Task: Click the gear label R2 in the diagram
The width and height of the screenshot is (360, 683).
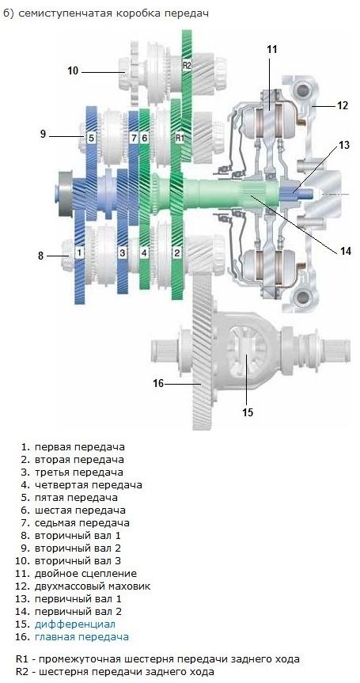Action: tap(187, 66)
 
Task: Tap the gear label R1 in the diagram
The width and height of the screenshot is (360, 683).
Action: tap(180, 138)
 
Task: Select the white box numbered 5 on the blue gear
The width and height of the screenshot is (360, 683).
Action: tap(91, 138)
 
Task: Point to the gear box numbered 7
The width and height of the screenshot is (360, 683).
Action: tap(134, 138)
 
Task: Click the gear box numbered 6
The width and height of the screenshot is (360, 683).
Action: tap(144, 138)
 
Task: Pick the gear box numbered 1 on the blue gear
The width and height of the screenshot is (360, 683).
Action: tap(79, 252)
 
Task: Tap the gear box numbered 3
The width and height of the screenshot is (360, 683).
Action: tap(123, 252)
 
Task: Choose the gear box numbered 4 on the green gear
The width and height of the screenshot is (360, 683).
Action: tap(144, 252)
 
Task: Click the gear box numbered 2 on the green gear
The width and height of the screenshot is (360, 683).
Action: tap(176, 252)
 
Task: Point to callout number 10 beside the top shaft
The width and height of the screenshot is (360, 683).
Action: tap(73, 70)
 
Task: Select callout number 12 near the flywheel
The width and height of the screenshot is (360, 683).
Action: tap(343, 105)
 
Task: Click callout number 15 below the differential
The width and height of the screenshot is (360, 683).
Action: tap(248, 412)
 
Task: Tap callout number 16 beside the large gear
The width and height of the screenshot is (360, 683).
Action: tap(158, 383)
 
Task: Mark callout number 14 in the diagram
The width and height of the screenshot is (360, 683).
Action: tap(345, 251)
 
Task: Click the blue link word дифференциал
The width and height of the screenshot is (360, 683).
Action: tap(75, 624)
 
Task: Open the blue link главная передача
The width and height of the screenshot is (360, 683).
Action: tap(81, 637)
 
